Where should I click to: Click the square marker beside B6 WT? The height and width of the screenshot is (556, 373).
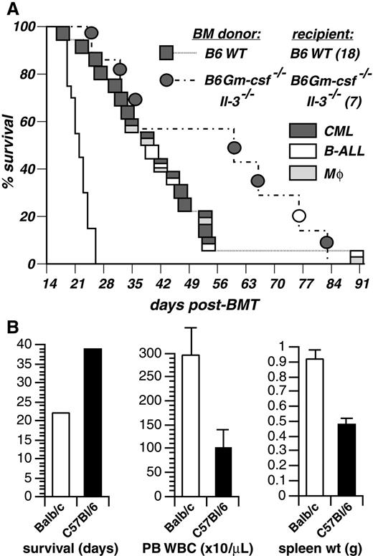(x=167, y=52)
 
